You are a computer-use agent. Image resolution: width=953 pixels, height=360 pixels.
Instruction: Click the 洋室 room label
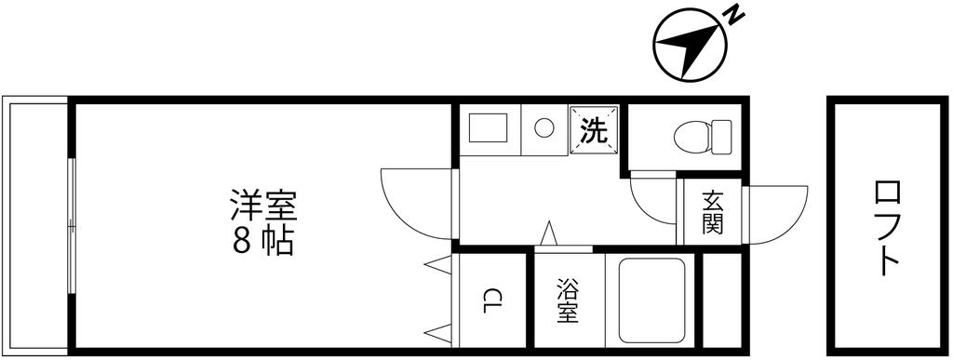tap(262, 204)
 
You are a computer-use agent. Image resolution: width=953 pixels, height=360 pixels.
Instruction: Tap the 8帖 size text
tap(262, 240)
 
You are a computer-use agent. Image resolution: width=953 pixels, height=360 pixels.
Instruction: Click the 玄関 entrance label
tap(713, 212)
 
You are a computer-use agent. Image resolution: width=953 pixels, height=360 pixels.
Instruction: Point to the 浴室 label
tap(568, 300)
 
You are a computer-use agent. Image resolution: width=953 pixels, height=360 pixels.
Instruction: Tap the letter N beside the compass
tap(734, 14)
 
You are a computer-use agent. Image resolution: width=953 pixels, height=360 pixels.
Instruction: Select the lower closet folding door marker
tap(436, 330)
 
